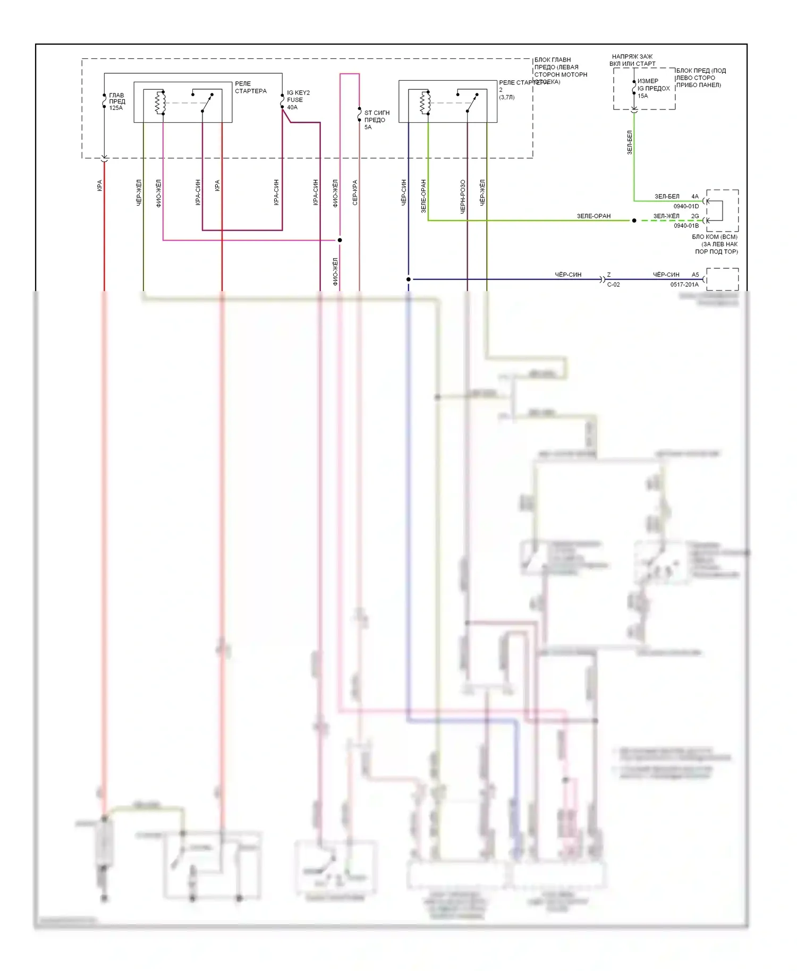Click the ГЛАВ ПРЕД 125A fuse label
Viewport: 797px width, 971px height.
pos(117,101)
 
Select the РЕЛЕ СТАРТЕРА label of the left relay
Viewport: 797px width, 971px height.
pos(250,88)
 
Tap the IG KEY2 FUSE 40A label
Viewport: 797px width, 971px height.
pos(298,100)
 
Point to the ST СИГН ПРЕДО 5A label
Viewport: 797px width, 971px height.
pos(376,120)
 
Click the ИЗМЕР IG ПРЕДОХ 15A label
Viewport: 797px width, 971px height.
pos(653,89)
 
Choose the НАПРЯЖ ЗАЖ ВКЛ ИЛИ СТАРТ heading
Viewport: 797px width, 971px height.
pos(632,60)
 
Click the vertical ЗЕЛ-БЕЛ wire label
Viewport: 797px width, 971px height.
pos(630,142)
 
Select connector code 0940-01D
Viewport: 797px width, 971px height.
pos(686,206)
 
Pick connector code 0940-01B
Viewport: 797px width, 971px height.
pos(686,226)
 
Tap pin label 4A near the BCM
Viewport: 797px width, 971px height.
pos(695,197)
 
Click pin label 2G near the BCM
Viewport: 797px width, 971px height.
pos(695,216)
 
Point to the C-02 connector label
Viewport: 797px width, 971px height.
pos(613,285)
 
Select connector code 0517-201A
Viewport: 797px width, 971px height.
pos(684,285)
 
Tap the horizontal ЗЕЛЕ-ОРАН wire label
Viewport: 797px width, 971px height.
pos(593,216)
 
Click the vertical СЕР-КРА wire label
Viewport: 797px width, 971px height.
pos(355,192)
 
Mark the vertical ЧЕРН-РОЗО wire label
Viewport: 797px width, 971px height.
pos(463,197)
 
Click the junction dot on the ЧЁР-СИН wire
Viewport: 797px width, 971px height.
pos(409,279)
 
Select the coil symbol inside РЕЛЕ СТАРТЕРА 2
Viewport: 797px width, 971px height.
pos(425,103)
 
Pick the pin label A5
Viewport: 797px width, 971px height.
pos(695,275)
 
